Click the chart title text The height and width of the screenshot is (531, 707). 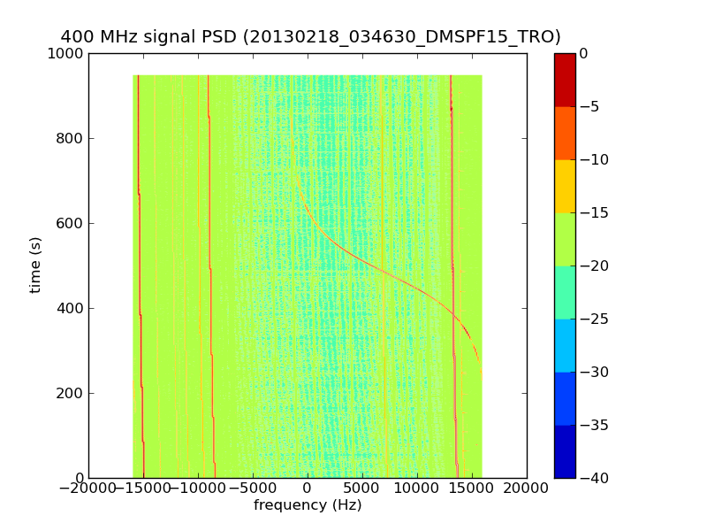tap(310, 37)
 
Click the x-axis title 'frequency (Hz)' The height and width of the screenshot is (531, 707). tap(308, 505)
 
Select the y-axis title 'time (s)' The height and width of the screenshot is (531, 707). tap(36, 265)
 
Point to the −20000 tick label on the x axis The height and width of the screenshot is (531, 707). tap(88, 489)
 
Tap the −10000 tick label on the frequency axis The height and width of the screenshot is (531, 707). tap(198, 489)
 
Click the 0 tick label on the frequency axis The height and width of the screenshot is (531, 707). tap(308, 489)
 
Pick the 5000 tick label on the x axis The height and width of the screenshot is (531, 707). tap(362, 489)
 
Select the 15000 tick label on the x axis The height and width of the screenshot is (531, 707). tap(472, 489)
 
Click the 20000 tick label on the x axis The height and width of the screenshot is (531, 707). tap(527, 489)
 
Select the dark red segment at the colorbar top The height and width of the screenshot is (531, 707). tap(565, 80)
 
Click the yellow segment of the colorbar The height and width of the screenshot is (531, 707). tap(565, 186)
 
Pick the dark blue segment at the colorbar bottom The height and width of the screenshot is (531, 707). tap(565, 451)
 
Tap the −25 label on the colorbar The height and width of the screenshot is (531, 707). tap(594, 319)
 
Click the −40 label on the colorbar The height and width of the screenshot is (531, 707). tap(594, 478)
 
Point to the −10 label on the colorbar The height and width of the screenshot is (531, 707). tap(594, 159)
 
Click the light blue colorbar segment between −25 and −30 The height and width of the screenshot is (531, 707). tap(565, 345)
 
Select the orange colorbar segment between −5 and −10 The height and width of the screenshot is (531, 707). tap(565, 133)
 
